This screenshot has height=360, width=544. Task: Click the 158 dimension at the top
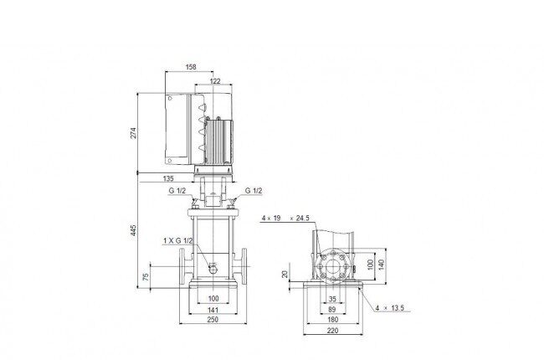click(x=191, y=67)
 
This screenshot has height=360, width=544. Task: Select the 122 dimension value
click(x=215, y=81)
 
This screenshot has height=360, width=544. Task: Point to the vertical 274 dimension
click(x=134, y=133)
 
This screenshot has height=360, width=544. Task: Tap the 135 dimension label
click(x=168, y=178)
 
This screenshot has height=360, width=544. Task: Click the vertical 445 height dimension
click(x=134, y=230)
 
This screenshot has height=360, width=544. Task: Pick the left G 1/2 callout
click(x=177, y=191)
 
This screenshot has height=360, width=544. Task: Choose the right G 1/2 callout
click(x=254, y=191)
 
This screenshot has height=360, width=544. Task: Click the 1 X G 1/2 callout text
click(x=178, y=240)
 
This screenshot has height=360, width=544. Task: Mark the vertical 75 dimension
click(x=146, y=276)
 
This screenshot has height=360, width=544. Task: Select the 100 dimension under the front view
click(x=213, y=298)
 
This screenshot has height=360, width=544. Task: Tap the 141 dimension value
click(x=213, y=310)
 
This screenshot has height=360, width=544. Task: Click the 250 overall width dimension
click(x=213, y=319)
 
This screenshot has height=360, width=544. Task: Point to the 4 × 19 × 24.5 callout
click(x=285, y=219)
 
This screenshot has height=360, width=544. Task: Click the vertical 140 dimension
click(x=382, y=265)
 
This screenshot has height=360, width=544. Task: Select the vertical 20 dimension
click(x=285, y=275)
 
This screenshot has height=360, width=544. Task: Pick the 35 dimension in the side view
click(x=332, y=299)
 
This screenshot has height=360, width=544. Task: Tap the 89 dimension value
click(x=332, y=310)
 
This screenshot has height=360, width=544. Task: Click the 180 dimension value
click(x=333, y=319)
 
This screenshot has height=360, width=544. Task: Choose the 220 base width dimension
click(x=333, y=331)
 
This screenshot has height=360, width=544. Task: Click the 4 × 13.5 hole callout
click(x=390, y=308)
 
